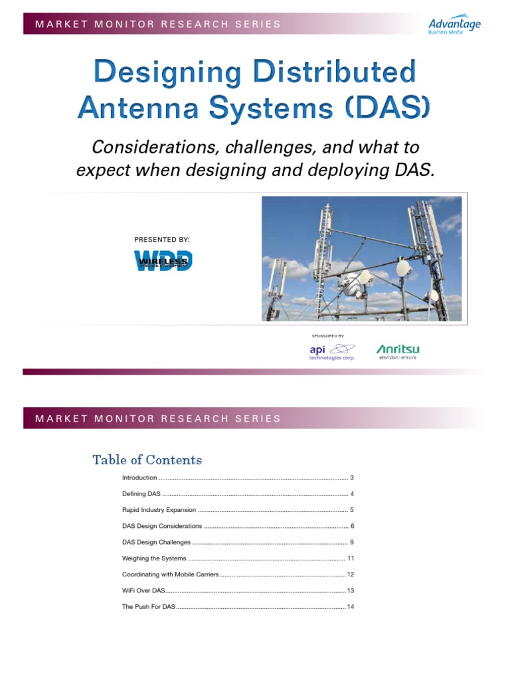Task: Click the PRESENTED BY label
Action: [x=162, y=239]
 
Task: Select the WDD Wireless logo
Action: [x=163, y=260]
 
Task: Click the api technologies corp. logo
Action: [x=332, y=351]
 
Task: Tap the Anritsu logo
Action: [x=398, y=351]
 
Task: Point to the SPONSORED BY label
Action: [x=328, y=336]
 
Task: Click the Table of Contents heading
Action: [x=147, y=460]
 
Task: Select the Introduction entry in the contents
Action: [x=139, y=478]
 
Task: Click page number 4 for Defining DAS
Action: [x=352, y=494]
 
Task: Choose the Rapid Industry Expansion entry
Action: [x=159, y=510]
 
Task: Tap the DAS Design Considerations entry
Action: [x=162, y=526]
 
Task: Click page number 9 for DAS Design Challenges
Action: [x=352, y=543]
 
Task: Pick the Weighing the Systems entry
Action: [x=154, y=558]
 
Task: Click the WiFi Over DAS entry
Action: [x=143, y=590]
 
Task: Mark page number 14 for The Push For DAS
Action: [x=350, y=607]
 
